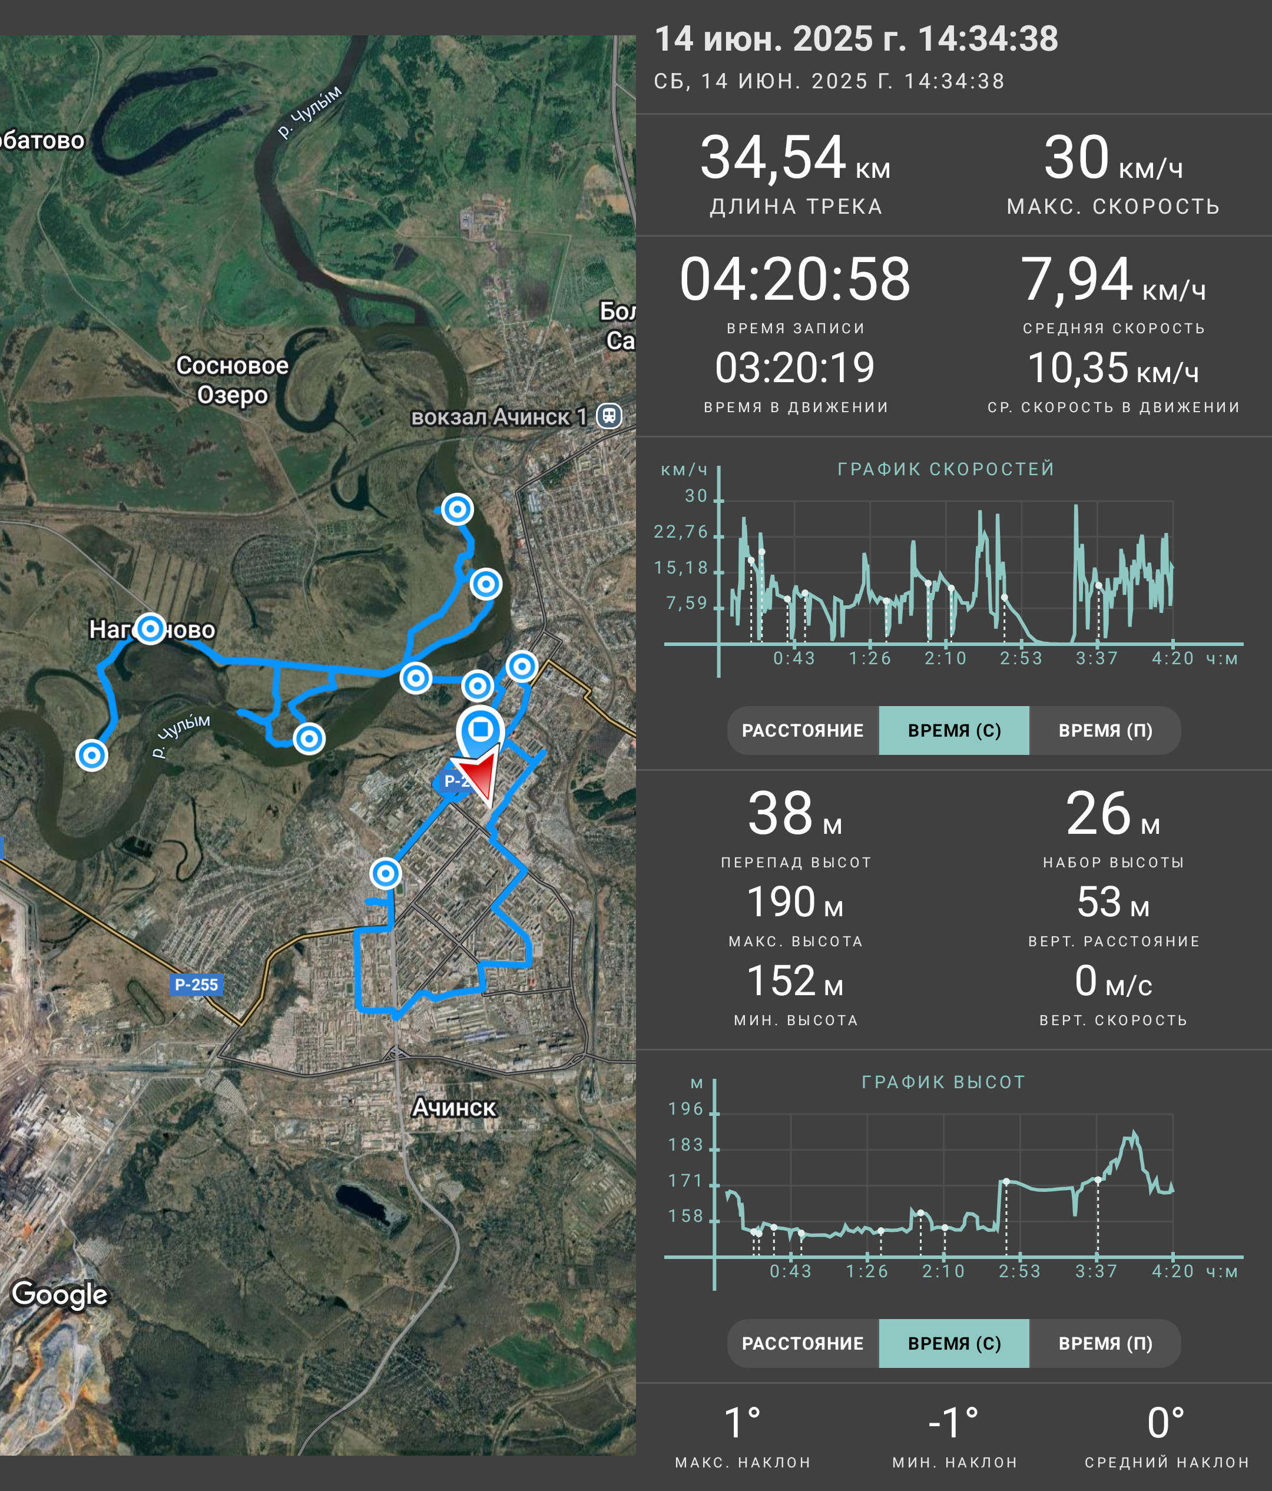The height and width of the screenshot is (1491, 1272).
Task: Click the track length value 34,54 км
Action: point(795,158)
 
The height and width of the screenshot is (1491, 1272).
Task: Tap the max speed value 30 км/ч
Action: point(1113,158)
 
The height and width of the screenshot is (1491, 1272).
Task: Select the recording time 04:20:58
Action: point(795,279)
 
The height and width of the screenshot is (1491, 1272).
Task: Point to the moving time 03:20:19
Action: point(795,367)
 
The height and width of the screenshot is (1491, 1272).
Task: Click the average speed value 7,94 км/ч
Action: point(1113,279)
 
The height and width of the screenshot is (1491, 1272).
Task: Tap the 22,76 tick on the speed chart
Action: point(681,532)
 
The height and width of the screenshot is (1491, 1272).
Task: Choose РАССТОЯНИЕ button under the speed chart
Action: point(803,730)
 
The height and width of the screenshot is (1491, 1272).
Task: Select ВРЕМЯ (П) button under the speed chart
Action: point(1105,730)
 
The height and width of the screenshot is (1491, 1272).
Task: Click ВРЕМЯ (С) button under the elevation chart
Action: point(954,1343)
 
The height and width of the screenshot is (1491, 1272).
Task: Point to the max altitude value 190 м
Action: point(795,902)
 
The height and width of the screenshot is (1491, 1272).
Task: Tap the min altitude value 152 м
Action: point(795,982)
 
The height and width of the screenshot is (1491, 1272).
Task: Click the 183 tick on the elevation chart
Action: point(685,1145)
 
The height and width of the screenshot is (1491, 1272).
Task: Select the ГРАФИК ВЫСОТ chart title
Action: point(943,1082)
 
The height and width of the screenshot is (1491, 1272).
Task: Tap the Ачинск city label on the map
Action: point(454,1108)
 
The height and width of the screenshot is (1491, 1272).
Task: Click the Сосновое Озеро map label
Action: point(233,380)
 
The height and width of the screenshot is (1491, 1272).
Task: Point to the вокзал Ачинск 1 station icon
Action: point(609,415)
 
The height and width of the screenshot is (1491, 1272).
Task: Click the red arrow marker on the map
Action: point(481,777)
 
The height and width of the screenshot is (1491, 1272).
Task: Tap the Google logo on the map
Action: point(59,1294)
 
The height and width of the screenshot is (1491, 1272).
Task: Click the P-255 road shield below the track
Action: point(197,985)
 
